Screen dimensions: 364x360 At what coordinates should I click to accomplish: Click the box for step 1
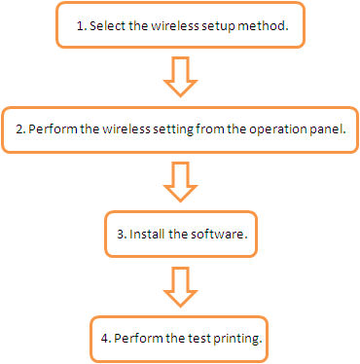pos(180,25)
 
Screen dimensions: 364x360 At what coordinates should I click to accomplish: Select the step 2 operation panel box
pos(179,127)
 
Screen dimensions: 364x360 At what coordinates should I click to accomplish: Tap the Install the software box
pos(180,235)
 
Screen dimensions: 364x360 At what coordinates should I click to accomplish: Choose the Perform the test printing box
pos(180,338)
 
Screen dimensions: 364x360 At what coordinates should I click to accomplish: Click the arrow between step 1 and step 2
pos(180,76)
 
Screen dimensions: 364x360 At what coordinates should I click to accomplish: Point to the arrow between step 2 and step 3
pos(180,181)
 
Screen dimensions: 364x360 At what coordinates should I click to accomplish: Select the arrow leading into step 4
pos(180,286)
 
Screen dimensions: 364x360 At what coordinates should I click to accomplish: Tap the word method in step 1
pos(266,26)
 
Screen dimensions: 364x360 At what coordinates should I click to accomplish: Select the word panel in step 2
pos(327,128)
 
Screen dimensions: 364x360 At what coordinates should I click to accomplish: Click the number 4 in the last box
pos(103,339)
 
